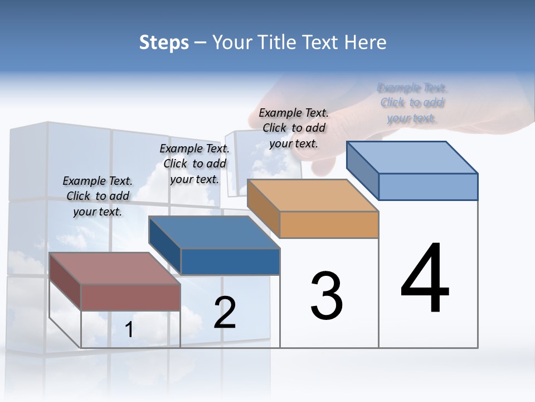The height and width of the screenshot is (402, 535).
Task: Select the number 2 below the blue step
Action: [x=225, y=312]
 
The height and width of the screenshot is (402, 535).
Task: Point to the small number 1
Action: [x=129, y=330]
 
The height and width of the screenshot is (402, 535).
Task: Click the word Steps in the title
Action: [x=164, y=42]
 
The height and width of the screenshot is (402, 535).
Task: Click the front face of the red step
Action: [x=130, y=297]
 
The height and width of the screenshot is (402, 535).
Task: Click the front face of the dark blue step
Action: [x=230, y=261]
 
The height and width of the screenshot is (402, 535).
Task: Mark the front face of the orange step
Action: [x=329, y=224]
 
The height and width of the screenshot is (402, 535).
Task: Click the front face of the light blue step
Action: [x=428, y=186]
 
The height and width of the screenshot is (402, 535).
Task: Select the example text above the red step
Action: [x=98, y=196]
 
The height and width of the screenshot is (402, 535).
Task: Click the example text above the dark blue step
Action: [x=194, y=164]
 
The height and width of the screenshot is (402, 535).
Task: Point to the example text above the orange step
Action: [x=294, y=128]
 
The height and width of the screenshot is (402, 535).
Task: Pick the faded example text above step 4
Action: [x=412, y=103]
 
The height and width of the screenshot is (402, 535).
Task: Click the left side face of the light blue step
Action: [x=363, y=170]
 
